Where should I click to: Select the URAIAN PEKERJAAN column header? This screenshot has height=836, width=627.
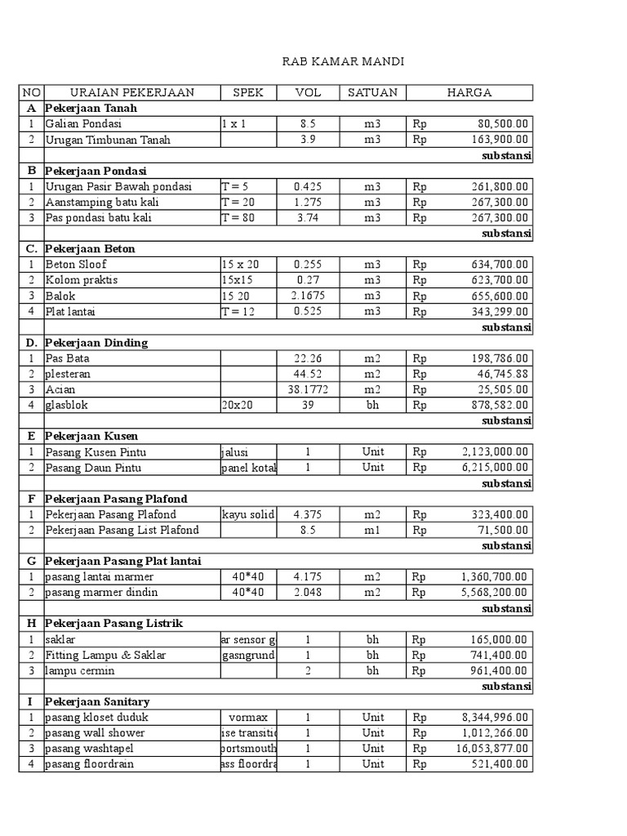point(132,92)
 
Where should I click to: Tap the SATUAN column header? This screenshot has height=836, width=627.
point(372,92)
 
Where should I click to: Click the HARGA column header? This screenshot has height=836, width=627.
point(469,92)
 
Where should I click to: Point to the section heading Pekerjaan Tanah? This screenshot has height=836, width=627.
point(91,108)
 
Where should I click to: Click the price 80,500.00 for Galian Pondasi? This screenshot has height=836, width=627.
point(503,123)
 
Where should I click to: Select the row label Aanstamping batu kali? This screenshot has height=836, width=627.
point(103,202)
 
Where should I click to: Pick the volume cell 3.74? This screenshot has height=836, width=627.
point(308,217)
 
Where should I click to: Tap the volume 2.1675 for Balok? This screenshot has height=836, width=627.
point(308,296)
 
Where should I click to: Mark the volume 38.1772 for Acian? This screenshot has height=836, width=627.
point(308,389)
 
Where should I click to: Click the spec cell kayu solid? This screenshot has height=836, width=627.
point(248,514)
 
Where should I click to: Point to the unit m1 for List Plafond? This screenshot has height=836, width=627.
point(372,530)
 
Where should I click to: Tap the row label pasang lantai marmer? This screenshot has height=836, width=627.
point(100,576)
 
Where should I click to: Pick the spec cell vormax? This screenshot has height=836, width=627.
point(248,718)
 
